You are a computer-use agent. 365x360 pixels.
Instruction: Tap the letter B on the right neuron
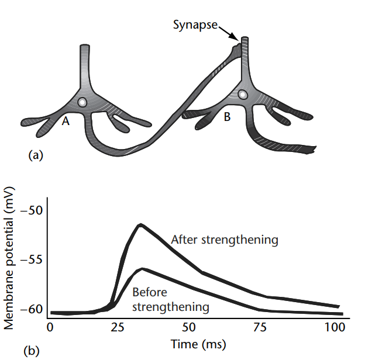tap(226, 117)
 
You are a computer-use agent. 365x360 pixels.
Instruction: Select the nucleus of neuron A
tap(84, 102)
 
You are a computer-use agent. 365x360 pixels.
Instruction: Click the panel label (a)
tap(35, 155)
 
